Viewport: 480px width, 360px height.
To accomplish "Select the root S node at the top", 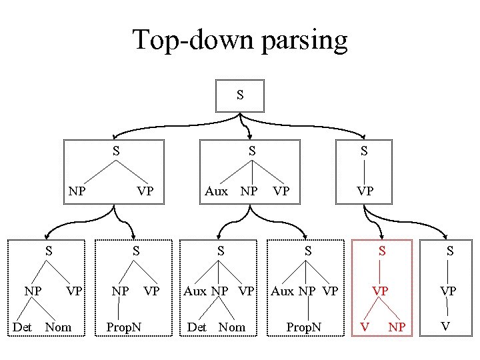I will pos(240,95).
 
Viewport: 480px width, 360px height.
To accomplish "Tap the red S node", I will pos(382,251).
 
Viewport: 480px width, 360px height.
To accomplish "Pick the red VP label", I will pos(381,291).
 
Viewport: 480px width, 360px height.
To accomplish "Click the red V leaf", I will pos(364,327).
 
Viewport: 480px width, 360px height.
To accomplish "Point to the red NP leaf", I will pos(399,327).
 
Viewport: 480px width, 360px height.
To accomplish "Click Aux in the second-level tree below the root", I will pos(215,191).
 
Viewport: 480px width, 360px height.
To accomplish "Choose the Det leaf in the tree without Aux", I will pos(23,327).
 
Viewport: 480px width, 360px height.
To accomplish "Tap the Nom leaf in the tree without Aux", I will pos(58,327).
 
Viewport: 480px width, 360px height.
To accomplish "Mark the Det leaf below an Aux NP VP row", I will pos(197,327).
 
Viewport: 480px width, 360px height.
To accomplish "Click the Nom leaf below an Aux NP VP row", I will pos(232,327).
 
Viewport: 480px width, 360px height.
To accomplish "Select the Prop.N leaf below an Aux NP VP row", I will pos(303,327).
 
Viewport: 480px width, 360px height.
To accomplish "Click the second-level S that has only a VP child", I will pos(364,151).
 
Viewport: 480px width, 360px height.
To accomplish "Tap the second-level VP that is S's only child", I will pos(364,191).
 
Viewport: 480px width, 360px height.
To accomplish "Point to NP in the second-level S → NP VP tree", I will pos(77,191).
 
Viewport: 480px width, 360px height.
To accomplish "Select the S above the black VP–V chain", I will pos(451,251).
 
